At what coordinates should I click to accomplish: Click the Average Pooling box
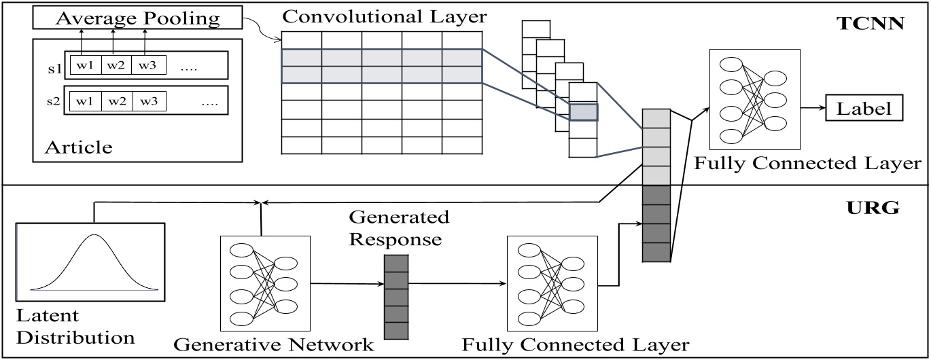point(137,18)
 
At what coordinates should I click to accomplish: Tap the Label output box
point(864,108)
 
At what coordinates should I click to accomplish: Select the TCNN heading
point(871,24)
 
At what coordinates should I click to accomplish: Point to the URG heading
point(873,206)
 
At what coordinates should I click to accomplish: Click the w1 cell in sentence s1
point(86,65)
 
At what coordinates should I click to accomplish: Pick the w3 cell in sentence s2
point(150,101)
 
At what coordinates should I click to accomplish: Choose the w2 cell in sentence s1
point(116,65)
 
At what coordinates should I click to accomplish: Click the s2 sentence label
point(54,101)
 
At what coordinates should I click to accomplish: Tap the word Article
point(79,147)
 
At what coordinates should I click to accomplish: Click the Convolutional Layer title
point(385,16)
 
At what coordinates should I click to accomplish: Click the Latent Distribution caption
point(75,326)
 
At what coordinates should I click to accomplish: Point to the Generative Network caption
point(273,344)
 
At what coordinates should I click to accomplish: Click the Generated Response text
point(399,228)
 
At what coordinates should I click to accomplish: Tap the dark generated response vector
point(396,297)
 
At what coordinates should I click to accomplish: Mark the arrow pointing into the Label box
point(813,108)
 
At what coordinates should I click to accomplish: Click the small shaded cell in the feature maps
point(584,112)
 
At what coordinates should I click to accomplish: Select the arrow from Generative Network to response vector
point(347,284)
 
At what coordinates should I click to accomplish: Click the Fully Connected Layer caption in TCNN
point(807,163)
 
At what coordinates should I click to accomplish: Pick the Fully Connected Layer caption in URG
point(576,345)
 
